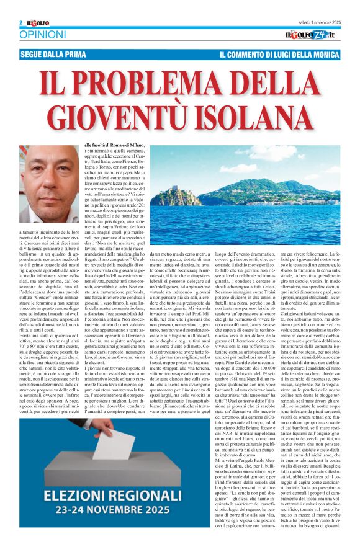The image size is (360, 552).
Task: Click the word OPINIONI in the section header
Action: [x=42, y=35]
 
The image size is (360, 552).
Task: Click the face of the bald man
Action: [x=55, y=171]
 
